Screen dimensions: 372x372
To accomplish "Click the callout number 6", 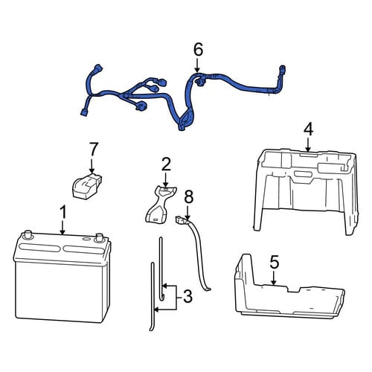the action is pos(198,50).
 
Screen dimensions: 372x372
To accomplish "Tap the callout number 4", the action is pos(308,130).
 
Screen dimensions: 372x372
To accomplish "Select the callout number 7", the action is pos(93,150).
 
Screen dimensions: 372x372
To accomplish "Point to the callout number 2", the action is pos(166,164).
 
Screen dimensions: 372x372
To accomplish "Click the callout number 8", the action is pos(188,198).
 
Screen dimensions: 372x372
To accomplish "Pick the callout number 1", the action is pos(63,213).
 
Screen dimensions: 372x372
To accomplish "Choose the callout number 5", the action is pos(274,263).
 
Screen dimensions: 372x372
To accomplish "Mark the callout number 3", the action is pos(187,297).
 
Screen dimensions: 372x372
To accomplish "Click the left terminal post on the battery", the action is pos(27,234).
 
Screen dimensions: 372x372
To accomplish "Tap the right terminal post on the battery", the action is pos(99,237).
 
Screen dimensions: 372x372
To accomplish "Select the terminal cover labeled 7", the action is pos(87,186).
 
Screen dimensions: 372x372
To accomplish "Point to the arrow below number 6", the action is pos(197,65).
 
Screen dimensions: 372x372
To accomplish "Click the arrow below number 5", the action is pos(273,278).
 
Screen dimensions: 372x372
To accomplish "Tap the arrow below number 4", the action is pos(308,145).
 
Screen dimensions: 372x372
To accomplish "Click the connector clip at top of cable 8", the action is pos(180,219).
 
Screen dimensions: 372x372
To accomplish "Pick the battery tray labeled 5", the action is pos(289,289).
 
